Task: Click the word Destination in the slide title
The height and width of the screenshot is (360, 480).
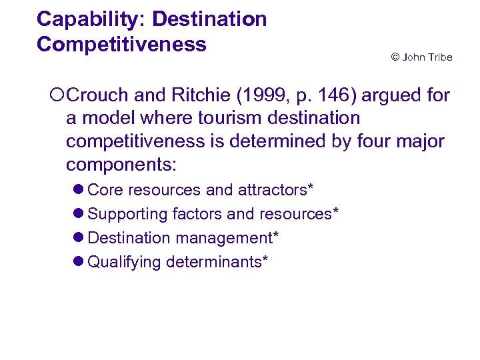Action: click(x=209, y=19)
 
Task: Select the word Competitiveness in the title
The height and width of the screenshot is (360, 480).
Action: click(x=121, y=45)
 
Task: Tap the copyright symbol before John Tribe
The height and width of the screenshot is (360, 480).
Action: click(x=395, y=57)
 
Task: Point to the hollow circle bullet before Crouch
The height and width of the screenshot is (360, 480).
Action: click(x=57, y=96)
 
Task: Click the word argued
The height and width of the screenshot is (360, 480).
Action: click(x=393, y=96)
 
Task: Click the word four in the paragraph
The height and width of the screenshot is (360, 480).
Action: click(x=366, y=141)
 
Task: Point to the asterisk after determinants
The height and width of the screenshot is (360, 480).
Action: click(x=265, y=260)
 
